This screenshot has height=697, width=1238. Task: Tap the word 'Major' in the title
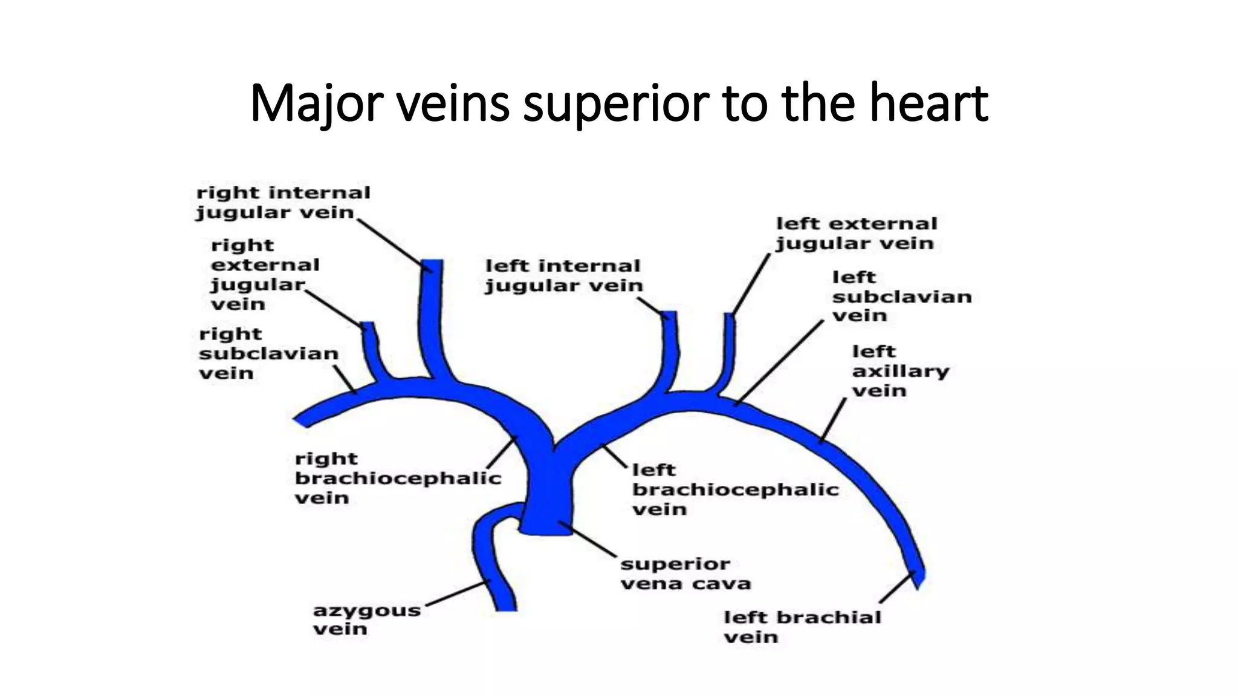coord(314,104)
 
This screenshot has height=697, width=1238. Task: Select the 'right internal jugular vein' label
coord(283,203)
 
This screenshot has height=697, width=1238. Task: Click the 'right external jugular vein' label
coord(264,275)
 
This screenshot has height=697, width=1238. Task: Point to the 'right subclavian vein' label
coord(268,353)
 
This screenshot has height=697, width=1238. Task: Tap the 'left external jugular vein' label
coord(856,234)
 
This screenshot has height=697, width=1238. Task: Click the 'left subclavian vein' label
coord(901,296)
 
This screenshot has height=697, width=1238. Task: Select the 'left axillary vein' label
coord(900,371)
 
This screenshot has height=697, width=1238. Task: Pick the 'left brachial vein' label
coord(802,627)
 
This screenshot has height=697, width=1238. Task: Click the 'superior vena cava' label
coord(685,574)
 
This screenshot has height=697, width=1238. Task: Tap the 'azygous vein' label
coord(366,619)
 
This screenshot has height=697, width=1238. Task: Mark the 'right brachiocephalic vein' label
coord(397,478)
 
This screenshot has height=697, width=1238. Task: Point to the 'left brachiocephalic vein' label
coord(734,489)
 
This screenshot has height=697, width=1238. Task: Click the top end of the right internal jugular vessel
coord(432,262)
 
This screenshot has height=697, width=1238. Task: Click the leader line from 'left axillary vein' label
coord(833,419)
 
